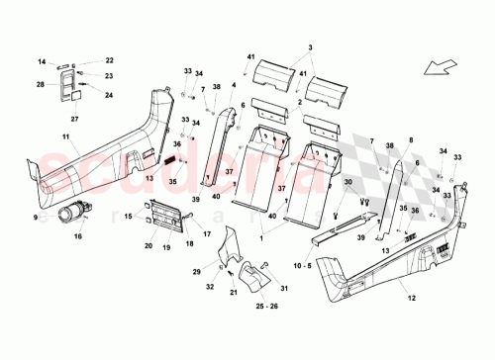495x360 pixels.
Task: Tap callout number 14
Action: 43,61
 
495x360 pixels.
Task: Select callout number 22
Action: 110,61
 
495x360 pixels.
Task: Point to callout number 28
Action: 40,85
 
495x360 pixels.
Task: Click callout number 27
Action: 73,118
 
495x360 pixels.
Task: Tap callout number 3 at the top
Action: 309,47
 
